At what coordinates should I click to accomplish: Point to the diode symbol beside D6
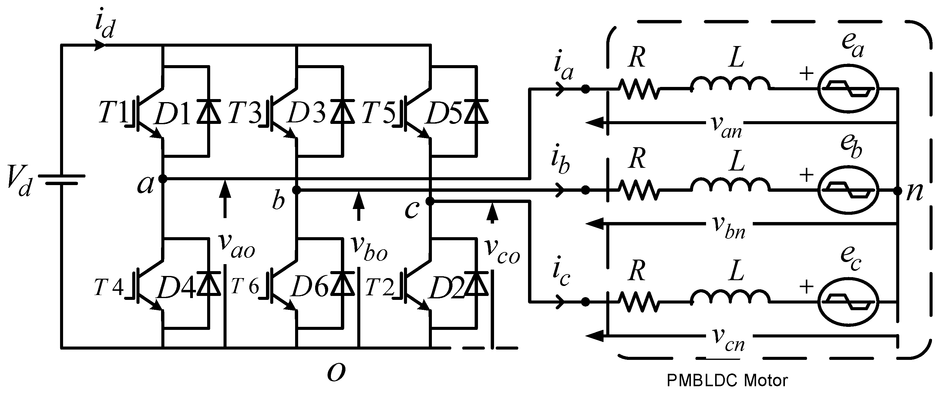pos(343,283)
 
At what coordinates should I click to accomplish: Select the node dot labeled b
pos(297,190)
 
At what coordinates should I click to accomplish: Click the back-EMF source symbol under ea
pos(848,89)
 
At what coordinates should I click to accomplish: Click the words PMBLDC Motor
pos(727,381)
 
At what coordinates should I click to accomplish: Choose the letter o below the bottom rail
pos(336,372)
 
